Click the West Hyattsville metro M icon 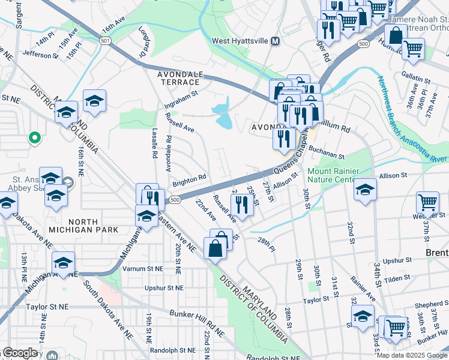[x=276, y=41]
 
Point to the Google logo [x=20, y=352]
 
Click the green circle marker [x=35, y=138]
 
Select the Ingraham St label [x=181, y=98]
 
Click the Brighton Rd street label [x=190, y=178]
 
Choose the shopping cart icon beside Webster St [x=427, y=203]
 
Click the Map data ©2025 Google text [x=411, y=355]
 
